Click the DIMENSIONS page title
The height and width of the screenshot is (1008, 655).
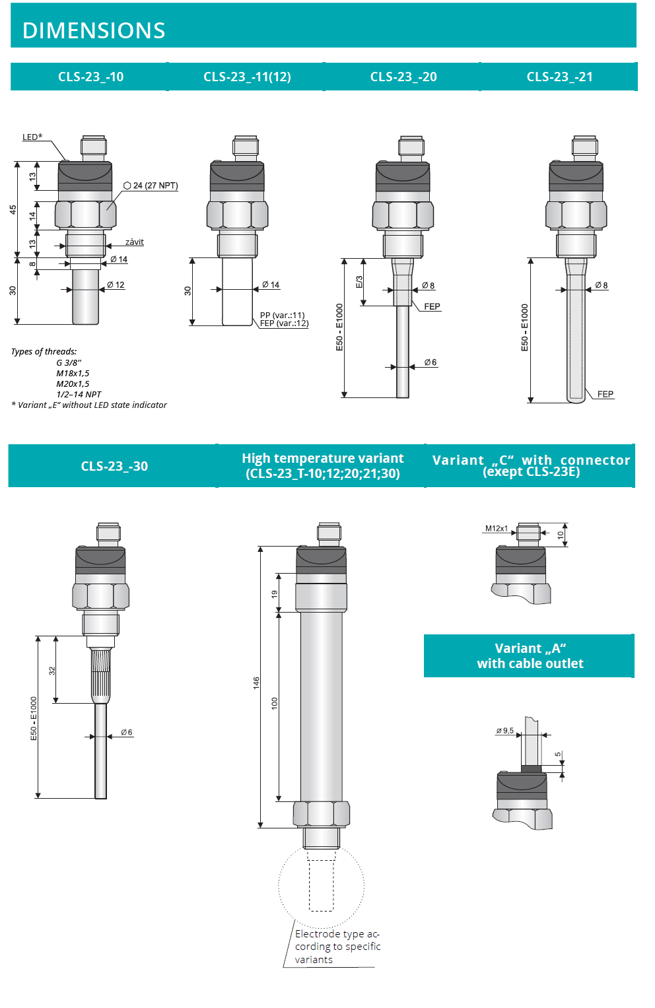94,30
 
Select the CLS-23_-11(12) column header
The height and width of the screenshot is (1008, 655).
247,77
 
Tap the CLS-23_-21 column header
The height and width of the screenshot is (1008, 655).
559,77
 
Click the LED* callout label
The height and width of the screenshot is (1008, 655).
32,137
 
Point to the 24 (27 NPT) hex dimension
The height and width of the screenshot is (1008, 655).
151,185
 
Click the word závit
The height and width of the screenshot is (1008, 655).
135,242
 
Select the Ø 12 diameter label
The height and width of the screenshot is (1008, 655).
116,285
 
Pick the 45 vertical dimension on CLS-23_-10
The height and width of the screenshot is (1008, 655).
13,210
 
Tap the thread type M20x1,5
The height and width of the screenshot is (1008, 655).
73,384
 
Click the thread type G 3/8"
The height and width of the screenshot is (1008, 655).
69,362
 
